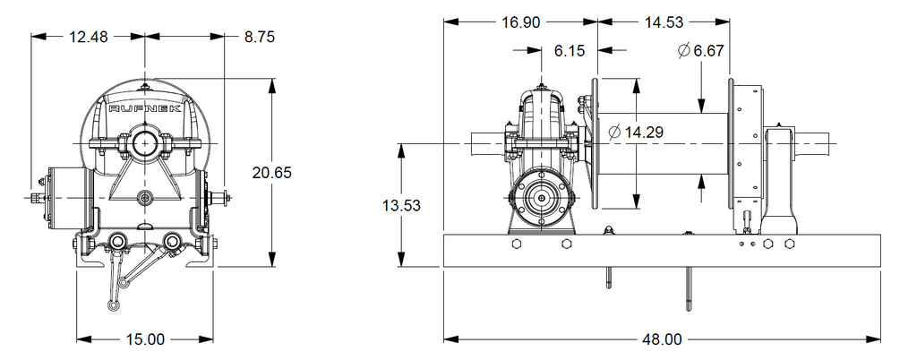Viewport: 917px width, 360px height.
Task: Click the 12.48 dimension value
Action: tap(89, 37)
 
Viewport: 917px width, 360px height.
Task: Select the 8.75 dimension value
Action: tap(260, 37)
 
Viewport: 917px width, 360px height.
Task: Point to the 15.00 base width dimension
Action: tap(144, 339)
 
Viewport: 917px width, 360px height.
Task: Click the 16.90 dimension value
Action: tap(521, 22)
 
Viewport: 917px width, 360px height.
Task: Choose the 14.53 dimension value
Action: tap(664, 22)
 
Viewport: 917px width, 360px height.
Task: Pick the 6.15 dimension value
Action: tap(569, 51)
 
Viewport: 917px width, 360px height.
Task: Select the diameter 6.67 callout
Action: tap(701, 51)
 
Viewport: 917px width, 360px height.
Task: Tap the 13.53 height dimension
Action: tap(400, 206)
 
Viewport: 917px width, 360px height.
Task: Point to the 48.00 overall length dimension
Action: tap(662, 339)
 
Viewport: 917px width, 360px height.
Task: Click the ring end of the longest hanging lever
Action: tap(112, 304)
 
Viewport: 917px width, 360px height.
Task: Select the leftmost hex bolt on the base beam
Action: tap(516, 244)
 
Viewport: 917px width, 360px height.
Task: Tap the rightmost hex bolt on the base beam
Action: tap(790, 244)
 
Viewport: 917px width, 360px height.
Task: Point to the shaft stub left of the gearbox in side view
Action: tap(488, 143)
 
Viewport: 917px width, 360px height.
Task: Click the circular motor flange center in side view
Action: tap(542, 199)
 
